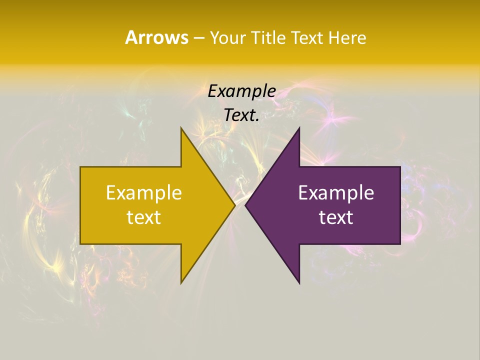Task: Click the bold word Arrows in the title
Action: coord(156,37)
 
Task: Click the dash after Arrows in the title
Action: coord(198,38)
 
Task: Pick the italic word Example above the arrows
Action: coord(242,91)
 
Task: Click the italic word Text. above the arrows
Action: coord(242,115)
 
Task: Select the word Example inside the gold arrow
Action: coord(144,193)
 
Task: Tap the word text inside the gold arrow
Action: coord(144,217)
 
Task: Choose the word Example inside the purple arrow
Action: coord(336,193)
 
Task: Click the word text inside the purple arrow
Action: coord(336,217)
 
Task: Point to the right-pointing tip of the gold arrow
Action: coord(235,205)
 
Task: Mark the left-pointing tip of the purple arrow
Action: coord(245,205)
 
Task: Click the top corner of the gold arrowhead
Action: coord(181,127)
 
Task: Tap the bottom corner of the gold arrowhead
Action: coord(181,283)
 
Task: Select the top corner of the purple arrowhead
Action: coord(299,127)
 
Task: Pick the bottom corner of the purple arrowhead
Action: coord(299,283)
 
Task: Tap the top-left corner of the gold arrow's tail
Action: coord(80,167)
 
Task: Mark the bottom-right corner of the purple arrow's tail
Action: coord(400,244)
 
